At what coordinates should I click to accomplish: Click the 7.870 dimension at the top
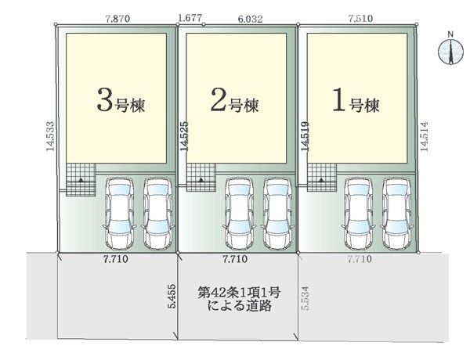(117, 19)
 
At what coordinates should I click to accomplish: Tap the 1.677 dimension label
(190, 18)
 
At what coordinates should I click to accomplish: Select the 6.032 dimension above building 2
(251, 19)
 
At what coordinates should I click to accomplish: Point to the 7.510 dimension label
(360, 18)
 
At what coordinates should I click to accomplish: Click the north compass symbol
(450, 52)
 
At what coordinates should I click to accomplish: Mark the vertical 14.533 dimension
(50, 136)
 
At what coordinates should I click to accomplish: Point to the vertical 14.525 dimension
(184, 136)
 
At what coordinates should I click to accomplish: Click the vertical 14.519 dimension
(305, 136)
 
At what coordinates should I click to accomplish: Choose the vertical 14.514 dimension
(424, 136)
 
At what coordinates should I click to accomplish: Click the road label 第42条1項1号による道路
(239, 299)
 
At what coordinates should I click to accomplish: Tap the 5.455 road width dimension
(172, 296)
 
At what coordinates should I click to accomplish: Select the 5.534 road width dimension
(305, 298)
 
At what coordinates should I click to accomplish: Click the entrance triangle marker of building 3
(81, 180)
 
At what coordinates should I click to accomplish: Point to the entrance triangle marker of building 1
(321, 180)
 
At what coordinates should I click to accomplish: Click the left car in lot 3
(119, 214)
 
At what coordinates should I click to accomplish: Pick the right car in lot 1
(396, 214)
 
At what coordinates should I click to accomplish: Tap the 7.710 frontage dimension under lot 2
(235, 259)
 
